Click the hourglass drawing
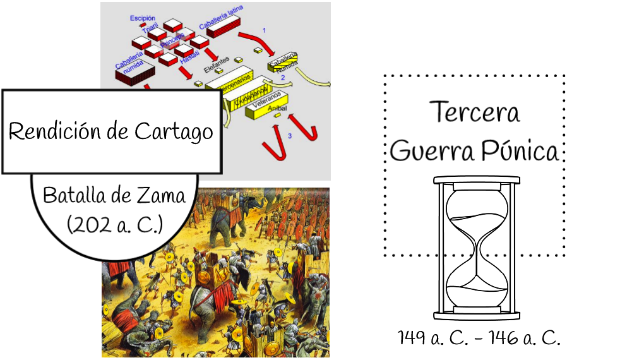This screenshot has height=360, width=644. pyautogui.click(x=477, y=246)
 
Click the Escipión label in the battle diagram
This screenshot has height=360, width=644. pyautogui.click(x=143, y=18)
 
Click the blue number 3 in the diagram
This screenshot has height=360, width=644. pyautogui.click(x=289, y=136)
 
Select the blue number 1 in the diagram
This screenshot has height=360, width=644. pyautogui.click(x=264, y=30)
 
